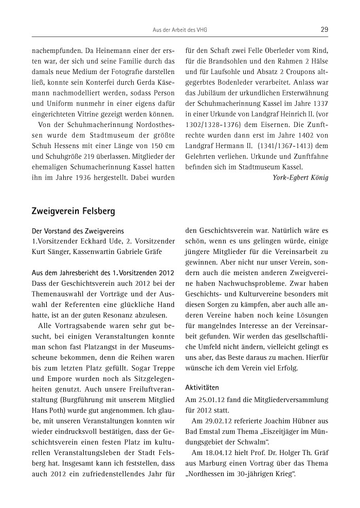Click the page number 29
pos(324,29)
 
